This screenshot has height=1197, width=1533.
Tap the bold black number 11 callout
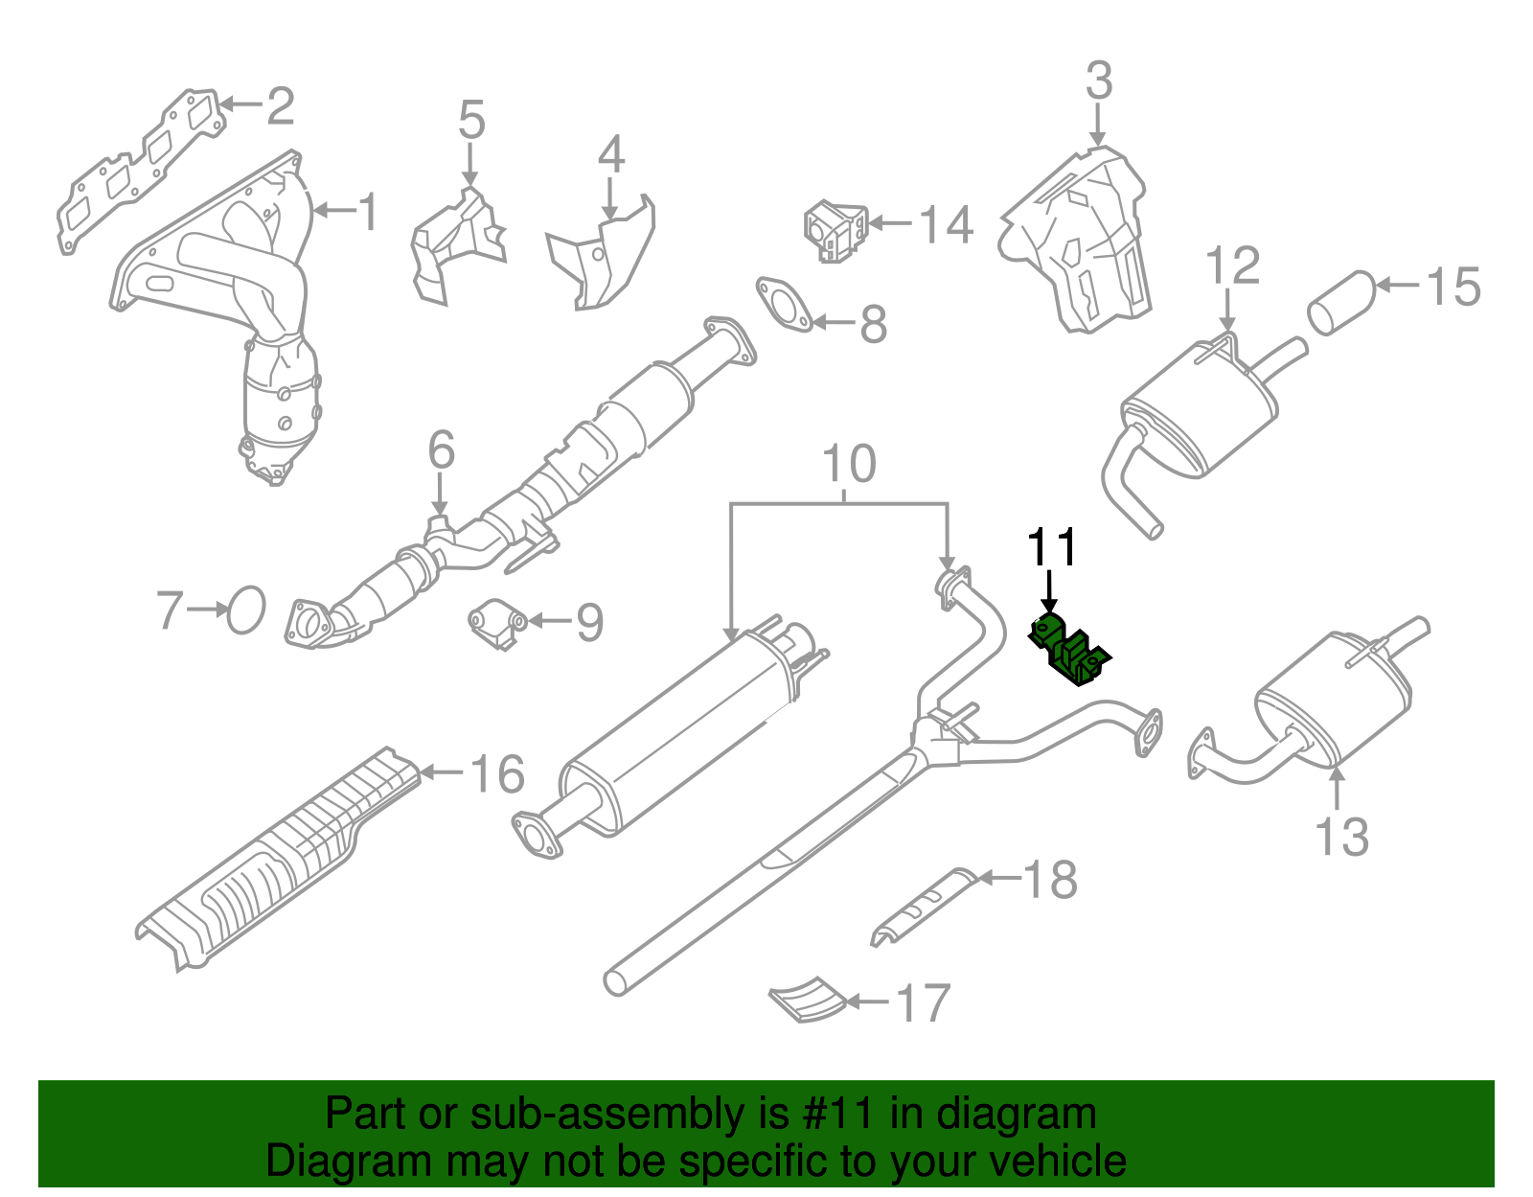(1052, 548)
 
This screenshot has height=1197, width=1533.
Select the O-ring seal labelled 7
(246, 610)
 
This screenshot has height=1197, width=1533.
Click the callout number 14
(946, 225)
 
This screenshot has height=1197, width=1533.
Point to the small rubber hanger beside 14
(835, 231)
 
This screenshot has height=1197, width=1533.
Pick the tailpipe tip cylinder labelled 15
(1342, 303)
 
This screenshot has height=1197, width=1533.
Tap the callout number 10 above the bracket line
(849, 464)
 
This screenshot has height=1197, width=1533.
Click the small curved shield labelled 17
(808, 1000)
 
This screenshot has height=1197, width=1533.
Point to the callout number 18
(1050, 879)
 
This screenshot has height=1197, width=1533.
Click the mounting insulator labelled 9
(496, 625)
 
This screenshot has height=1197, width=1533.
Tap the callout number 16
(497, 773)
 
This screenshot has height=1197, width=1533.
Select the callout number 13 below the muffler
(1341, 837)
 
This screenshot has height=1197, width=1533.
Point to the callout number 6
(441, 449)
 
